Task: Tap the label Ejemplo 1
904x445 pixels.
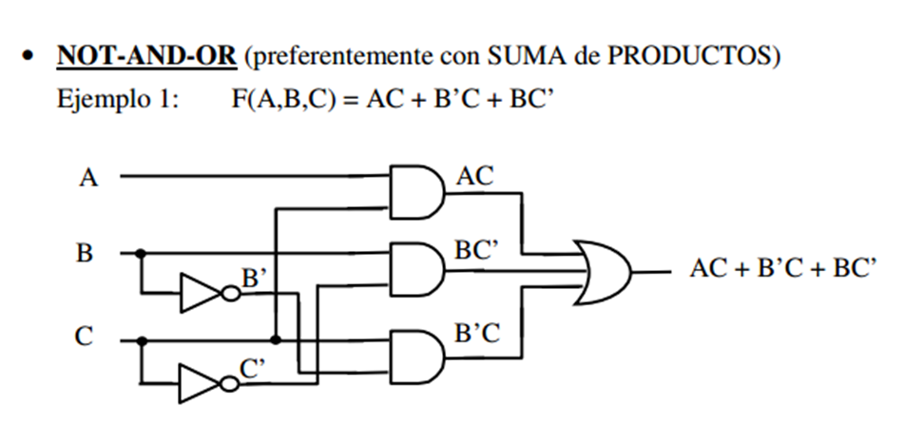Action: click(118, 99)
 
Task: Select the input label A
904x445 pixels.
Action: click(87, 178)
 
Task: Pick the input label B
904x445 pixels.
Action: click(86, 254)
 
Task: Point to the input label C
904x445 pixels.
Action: click(86, 338)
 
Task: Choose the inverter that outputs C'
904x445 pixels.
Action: click(202, 382)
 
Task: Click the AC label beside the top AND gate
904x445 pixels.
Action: click(475, 177)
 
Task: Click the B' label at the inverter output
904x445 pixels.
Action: click(254, 278)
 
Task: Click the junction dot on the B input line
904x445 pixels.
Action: click(141, 254)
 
